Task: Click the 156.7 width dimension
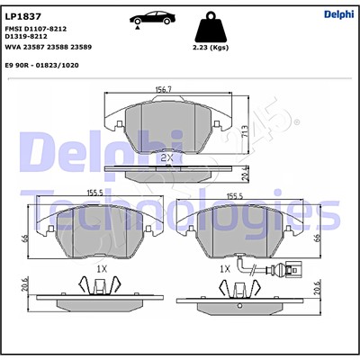tap(163, 90)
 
